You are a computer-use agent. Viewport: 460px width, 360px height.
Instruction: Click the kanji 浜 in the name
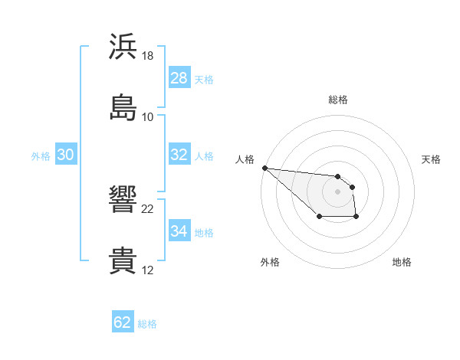(x=123, y=47)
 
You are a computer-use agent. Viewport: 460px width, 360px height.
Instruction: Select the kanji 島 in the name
(x=123, y=107)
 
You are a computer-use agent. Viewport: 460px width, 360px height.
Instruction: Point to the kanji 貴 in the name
(x=123, y=260)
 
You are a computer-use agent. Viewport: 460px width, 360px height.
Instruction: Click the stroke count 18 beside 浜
(x=148, y=56)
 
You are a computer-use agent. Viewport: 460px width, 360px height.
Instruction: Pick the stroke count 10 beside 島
(x=148, y=116)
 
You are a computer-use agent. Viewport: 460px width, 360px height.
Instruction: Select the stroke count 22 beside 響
(x=148, y=209)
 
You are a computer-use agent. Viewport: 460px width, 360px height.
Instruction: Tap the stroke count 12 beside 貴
(x=148, y=270)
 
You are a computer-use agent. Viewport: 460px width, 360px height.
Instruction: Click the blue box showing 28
(x=179, y=78)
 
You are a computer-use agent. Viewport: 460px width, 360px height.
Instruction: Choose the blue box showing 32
(x=179, y=155)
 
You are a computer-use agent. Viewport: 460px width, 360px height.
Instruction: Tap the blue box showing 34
(x=179, y=231)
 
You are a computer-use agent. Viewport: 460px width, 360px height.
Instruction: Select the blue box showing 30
(x=65, y=155)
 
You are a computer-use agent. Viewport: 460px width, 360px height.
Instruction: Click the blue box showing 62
(x=123, y=322)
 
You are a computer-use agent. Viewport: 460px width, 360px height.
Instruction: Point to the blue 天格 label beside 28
(x=204, y=79)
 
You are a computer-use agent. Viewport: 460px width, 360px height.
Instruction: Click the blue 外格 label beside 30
(x=41, y=155)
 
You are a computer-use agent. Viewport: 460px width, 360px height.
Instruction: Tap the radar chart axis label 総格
(x=337, y=100)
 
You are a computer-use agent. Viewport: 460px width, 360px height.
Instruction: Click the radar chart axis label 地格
(x=402, y=262)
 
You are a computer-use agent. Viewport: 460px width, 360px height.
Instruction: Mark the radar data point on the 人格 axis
(x=264, y=168)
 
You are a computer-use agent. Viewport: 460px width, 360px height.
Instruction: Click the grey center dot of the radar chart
(x=337, y=191)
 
